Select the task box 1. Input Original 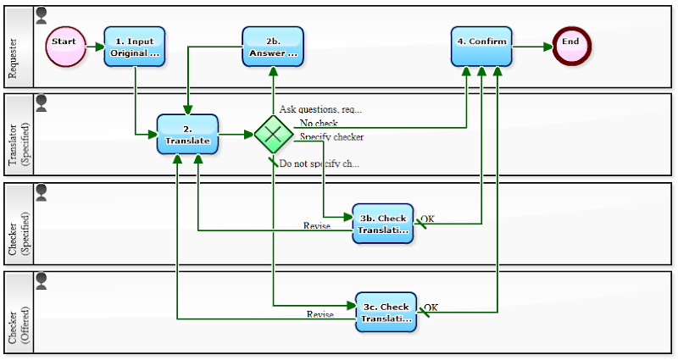[x=135, y=46]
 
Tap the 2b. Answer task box [x=272, y=46]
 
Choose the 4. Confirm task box [x=481, y=46]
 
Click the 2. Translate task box [x=187, y=135]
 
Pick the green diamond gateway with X [x=272, y=135]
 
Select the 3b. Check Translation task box [x=383, y=224]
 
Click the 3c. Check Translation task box [x=386, y=312]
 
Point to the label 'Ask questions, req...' [x=320, y=109]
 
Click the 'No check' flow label [x=319, y=124]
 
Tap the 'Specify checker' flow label [x=331, y=137]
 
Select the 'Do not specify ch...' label [x=319, y=163]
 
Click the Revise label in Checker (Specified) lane [x=316, y=225]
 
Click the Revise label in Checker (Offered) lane [x=320, y=314]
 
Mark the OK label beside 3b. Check [x=428, y=219]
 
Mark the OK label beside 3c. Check [x=431, y=307]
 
